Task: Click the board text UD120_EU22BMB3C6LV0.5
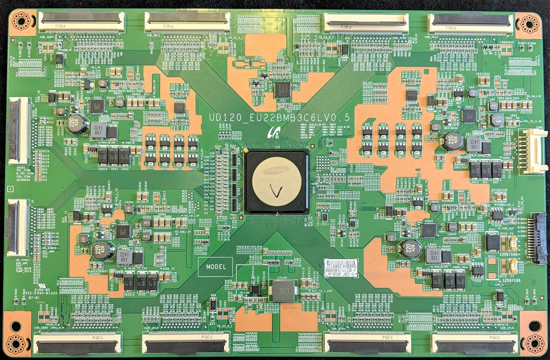coord(280,118)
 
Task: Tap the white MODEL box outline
coord(215,266)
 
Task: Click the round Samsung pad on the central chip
coord(276,182)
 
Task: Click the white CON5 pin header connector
coord(532,151)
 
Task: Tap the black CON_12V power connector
coord(537,232)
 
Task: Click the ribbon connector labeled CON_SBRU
coord(81,22)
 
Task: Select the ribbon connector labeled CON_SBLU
coord(187,22)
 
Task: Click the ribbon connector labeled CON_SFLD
coord(474,343)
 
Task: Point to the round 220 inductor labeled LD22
coord(77,123)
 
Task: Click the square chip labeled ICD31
coord(123,231)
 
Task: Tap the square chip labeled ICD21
coord(97,107)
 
